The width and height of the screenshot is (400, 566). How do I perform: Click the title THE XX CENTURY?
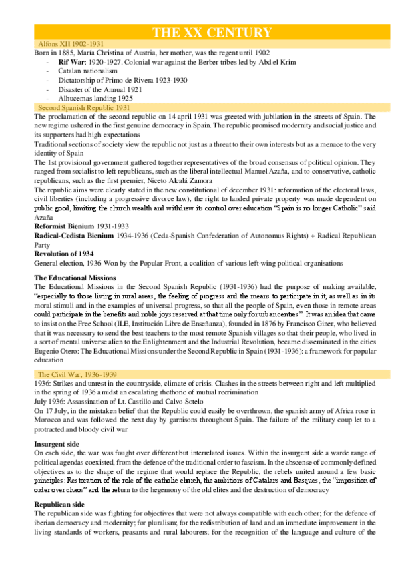click(212, 33)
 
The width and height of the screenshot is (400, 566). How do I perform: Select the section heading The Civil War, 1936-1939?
click(80, 375)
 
